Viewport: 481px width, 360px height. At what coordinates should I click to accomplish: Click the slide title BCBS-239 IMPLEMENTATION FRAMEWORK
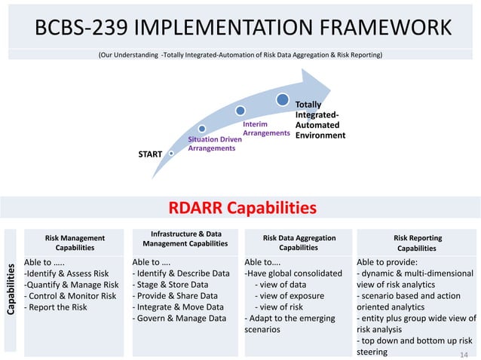click(x=244, y=29)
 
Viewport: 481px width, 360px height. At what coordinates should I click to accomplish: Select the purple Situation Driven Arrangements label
click(x=210, y=144)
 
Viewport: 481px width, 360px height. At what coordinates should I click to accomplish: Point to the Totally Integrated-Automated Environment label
click(x=319, y=121)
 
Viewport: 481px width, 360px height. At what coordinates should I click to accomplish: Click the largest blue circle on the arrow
click(x=281, y=99)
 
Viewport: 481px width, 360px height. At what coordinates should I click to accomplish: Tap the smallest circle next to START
click(x=173, y=154)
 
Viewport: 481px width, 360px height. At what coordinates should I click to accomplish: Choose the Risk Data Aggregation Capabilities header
click(x=299, y=243)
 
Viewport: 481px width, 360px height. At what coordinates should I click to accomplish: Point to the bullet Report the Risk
click(x=57, y=307)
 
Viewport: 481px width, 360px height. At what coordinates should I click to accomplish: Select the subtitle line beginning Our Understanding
click(x=240, y=56)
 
